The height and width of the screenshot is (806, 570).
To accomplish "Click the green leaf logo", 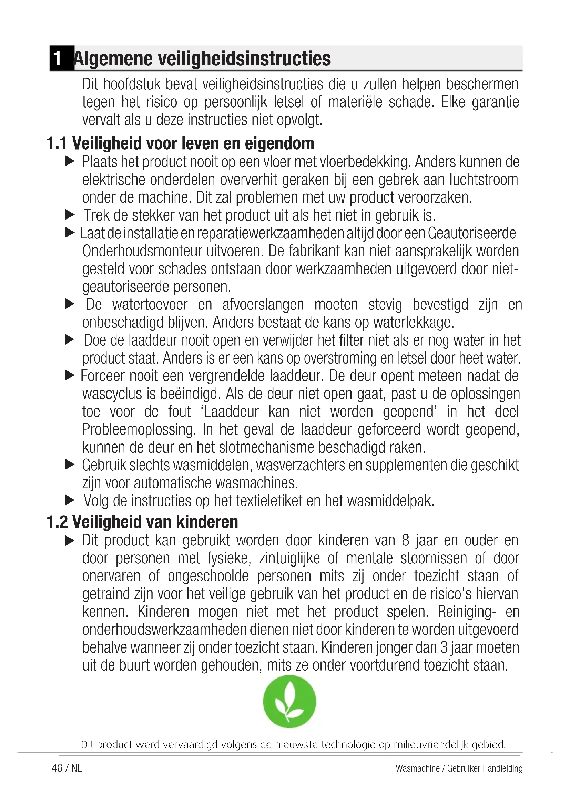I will pos(289,702).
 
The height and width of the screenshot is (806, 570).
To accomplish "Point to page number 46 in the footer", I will pos(57,768).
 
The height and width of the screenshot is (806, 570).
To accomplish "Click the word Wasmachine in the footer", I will pos(417,768).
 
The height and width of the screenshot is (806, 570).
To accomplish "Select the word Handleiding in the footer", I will pos(502,768).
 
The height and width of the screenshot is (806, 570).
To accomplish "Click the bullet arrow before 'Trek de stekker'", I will pos(70,215).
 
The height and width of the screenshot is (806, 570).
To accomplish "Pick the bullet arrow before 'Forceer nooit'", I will pos(70,376).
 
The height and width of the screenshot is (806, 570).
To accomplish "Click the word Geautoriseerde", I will pos(472,233).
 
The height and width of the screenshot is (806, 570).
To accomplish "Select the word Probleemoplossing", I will pos(139,430).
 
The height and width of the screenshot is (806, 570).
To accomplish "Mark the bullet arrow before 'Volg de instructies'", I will pos(70,501).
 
